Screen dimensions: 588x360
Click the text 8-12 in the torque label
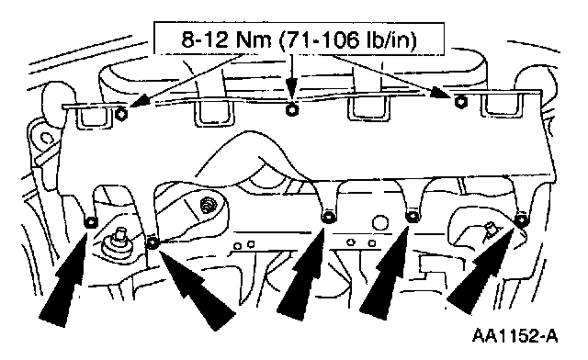205,39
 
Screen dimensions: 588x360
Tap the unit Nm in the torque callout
254,39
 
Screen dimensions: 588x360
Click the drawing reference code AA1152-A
514,335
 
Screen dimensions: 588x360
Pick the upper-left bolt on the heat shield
121,114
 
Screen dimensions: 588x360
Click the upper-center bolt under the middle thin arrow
291,110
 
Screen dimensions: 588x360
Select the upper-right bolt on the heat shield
458,101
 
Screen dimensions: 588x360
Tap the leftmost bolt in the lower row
91,223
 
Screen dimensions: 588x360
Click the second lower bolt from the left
153,243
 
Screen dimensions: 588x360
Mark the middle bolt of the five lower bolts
328,217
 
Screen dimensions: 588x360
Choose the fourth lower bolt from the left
413,217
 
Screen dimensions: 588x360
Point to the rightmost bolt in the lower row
521,219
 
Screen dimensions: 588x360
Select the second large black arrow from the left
195,288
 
